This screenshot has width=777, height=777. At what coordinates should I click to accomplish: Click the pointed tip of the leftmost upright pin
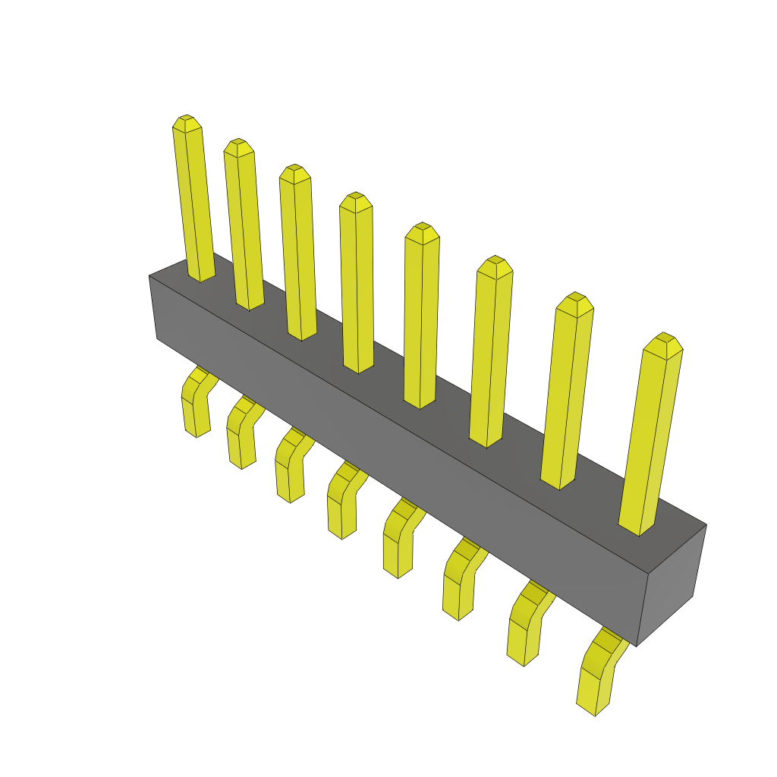187,123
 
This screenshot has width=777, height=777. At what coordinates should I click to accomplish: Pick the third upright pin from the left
297,254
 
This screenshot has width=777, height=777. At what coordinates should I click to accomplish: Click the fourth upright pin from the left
357,285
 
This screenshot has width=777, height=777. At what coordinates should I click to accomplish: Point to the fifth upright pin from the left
421,319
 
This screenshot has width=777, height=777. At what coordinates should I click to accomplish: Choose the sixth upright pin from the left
490,353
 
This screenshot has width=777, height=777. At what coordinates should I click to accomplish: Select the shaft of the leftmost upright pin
194,205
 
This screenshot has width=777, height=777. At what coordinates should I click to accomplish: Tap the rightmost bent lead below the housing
597,675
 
